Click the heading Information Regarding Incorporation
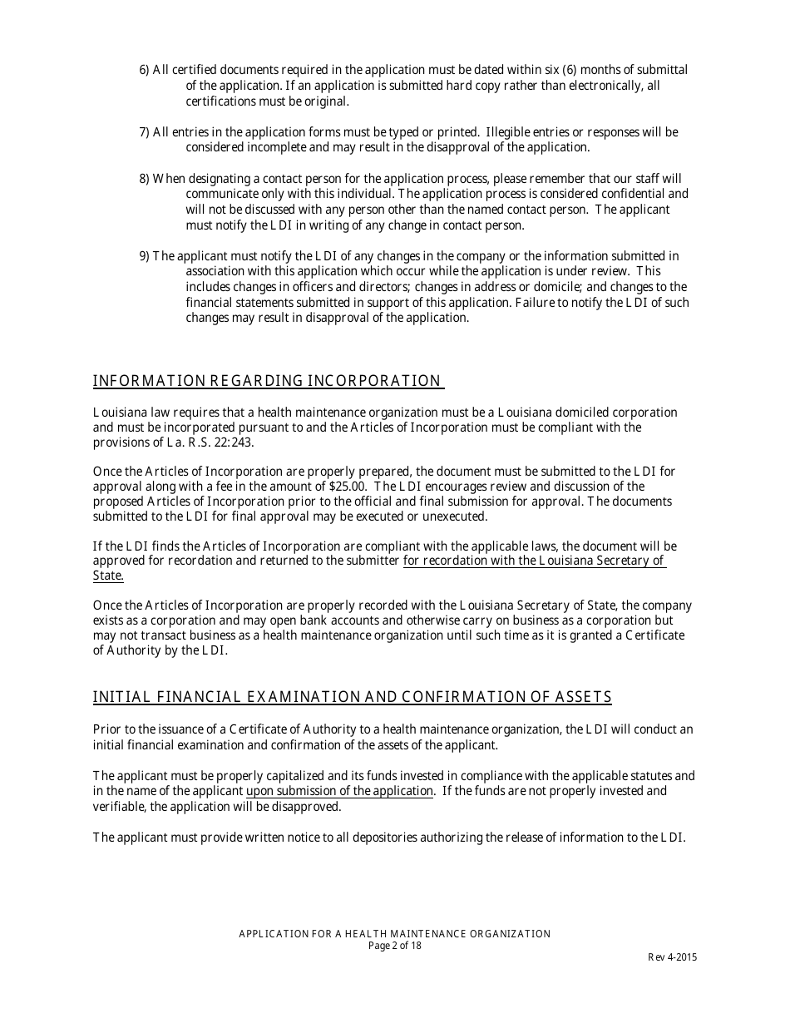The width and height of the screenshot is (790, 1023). click(x=267, y=381)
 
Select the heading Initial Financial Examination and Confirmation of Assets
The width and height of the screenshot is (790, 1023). click(x=352, y=697)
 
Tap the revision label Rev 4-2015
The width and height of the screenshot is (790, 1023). click(x=673, y=957)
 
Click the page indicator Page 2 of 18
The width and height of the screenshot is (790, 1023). click(x=394, y=946)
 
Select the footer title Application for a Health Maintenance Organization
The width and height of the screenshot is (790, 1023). click(x=394, y=934)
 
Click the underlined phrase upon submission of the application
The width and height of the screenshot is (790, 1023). click(x=339, y=791)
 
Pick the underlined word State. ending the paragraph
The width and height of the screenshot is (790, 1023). click(x=108, y=576)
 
